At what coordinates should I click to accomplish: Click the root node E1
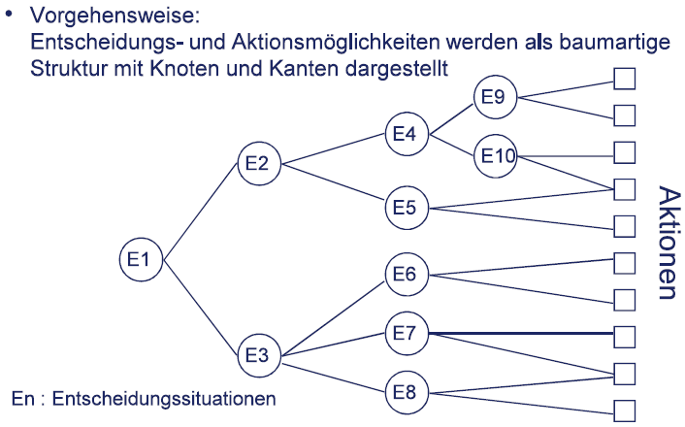pos(139,259)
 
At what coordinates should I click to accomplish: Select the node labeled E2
pos(257,164)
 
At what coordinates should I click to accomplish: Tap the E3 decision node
pos(257,355)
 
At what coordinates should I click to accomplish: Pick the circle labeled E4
pos(405,133)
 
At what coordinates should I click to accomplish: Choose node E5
pos(405,208)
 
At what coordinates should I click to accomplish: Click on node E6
pos(405,275)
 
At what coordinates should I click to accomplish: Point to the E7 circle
pos(405,334)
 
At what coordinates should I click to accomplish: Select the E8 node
pos(405,393)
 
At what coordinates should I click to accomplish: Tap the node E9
pos(495,97)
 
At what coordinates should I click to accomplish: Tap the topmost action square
pos(625,79)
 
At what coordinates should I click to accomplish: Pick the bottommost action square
pos(625,409)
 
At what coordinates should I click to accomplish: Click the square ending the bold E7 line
pos(625,335)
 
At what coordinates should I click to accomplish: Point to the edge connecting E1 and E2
pos(200,211)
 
